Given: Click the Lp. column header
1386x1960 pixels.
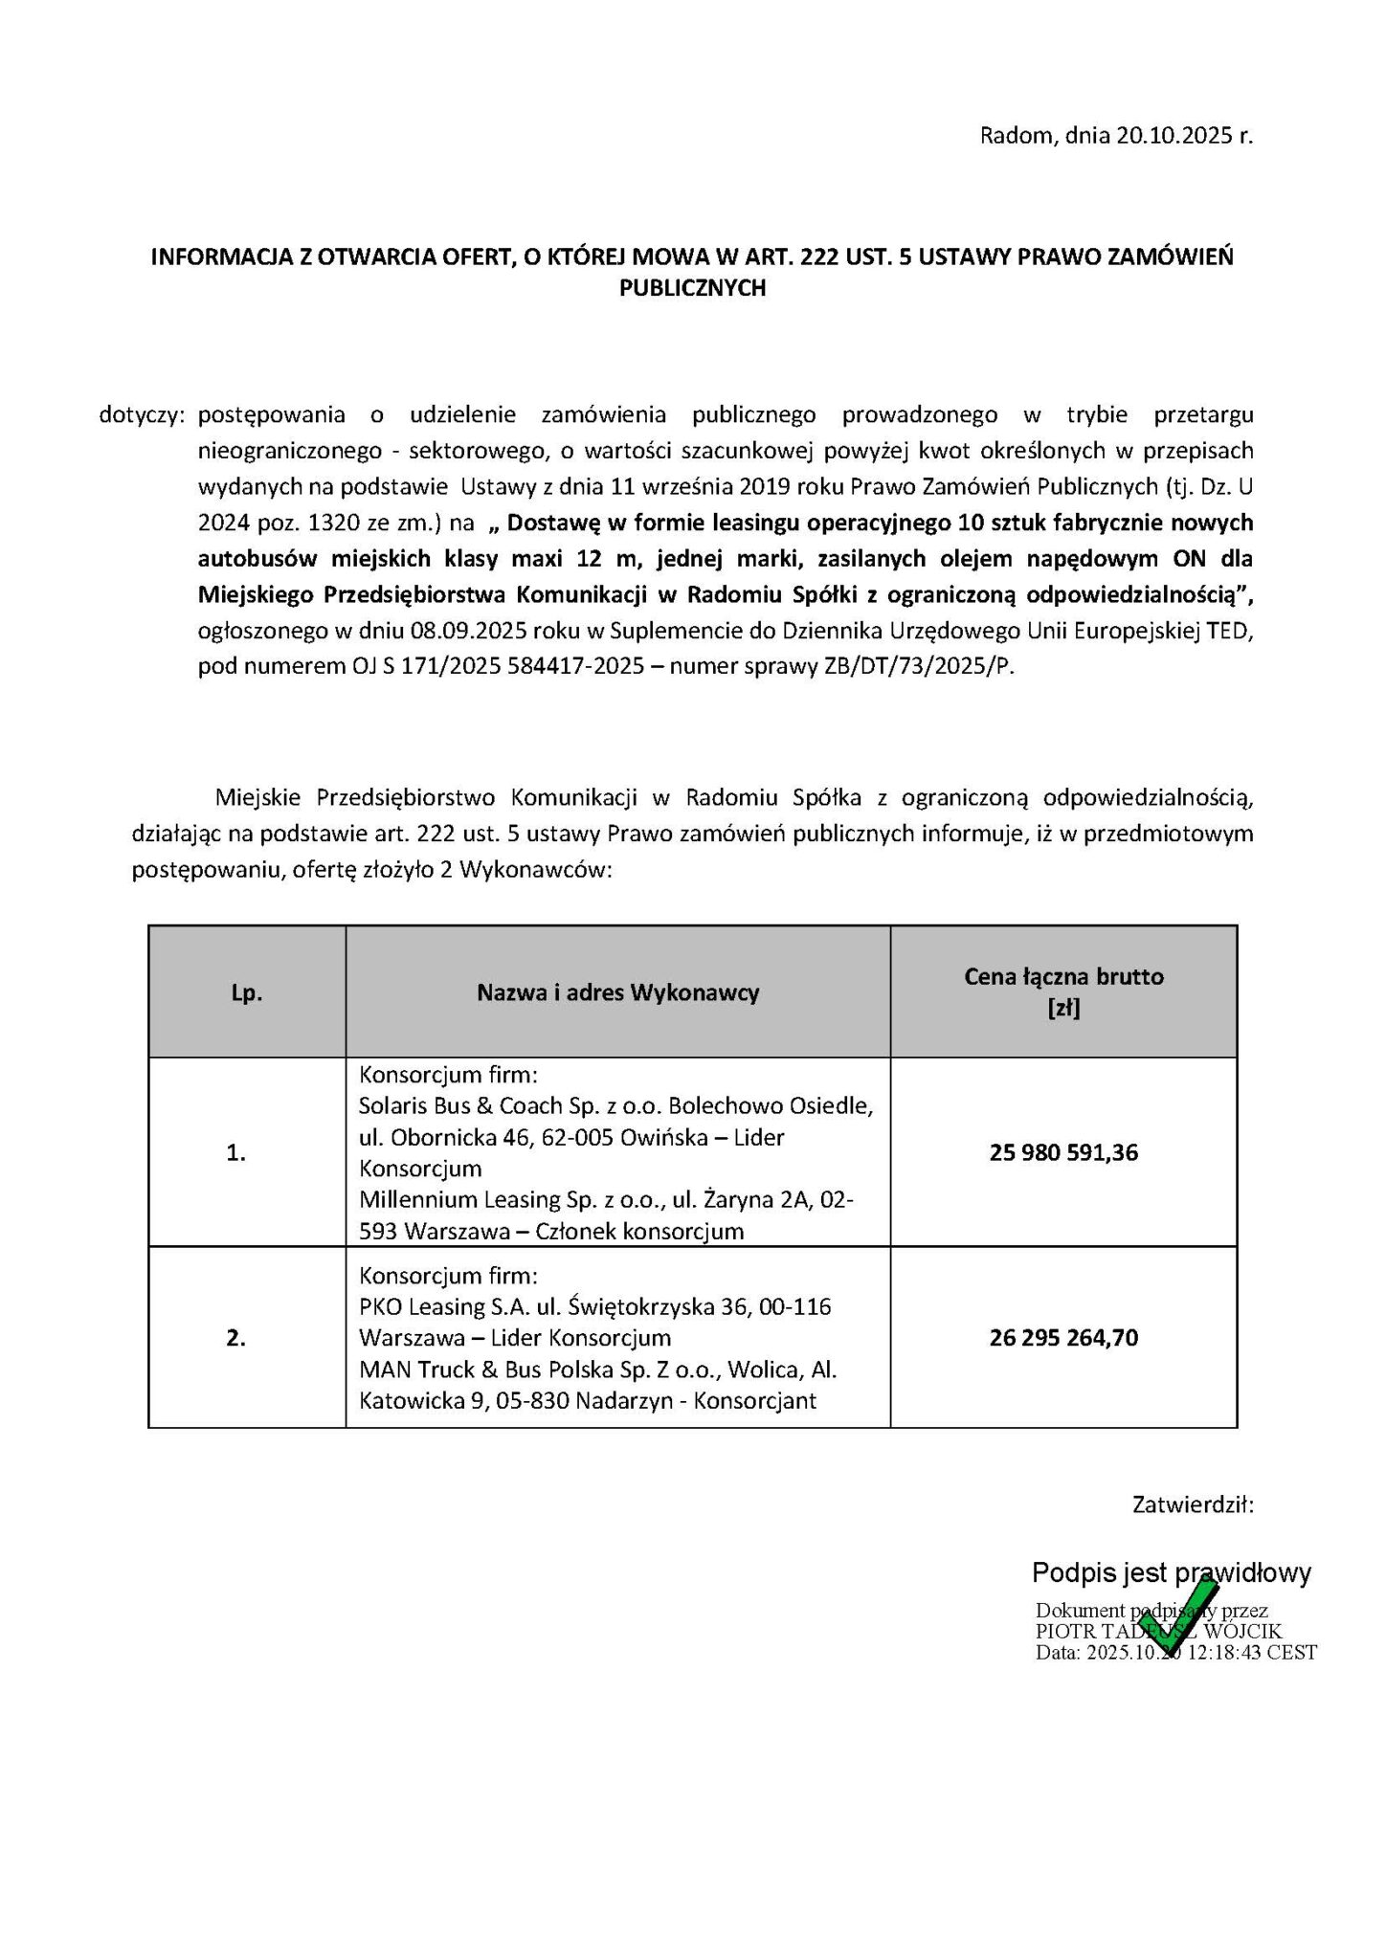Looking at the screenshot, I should click(246, 993).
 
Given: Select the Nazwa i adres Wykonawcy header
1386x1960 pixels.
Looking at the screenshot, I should click(617, 992).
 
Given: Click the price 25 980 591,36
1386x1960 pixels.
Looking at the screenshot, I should click(1063, 1152).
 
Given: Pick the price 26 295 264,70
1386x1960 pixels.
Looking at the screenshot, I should click(1063, 1337).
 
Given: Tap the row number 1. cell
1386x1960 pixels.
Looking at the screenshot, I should click(236, 1153).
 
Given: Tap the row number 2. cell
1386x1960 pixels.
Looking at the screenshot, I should click(236, 1338).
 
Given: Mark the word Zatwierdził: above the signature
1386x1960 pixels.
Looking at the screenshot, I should click(1193, 1505).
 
